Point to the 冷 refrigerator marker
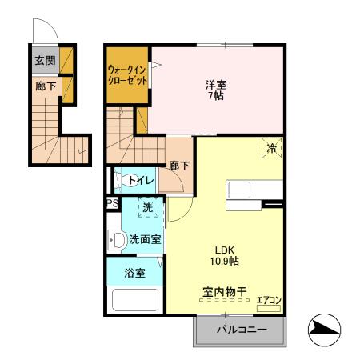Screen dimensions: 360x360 click(272, 148)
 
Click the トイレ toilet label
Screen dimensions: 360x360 click(140, 181)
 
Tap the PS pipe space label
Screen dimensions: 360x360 click(112, 203)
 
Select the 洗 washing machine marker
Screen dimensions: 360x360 click(147, 208)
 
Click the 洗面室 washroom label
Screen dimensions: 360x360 click(145, 238)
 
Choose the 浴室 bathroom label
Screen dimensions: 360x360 click(134, 273)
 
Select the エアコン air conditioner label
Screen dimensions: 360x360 click(268, 302)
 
